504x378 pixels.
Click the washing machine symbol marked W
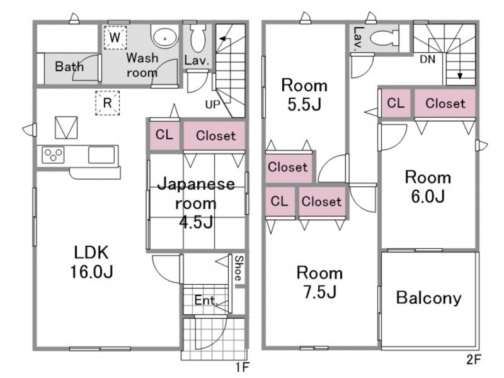[115, 38]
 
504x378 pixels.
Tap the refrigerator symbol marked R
[107, 103]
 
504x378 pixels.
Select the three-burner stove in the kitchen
[53, 155]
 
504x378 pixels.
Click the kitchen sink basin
[101, 155]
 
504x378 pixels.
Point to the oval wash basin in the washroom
[164, 37]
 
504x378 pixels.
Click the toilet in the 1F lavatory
[198, 38]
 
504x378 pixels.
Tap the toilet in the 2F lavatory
[385, 38]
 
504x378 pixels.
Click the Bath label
[69, 67]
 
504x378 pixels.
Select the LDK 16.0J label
[91, 262]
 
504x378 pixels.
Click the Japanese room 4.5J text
[196, 203]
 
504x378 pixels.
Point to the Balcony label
[429, 297]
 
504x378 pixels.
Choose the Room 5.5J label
[304, 95]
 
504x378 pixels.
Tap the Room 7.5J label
[319, 282]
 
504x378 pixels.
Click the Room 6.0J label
[428, 186]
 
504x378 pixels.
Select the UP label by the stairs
[212, 105]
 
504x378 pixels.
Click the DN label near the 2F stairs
[428, 59]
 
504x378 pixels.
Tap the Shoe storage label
[239, 268]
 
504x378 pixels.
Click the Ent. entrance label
[206, 301]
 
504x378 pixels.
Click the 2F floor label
[474, 360]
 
